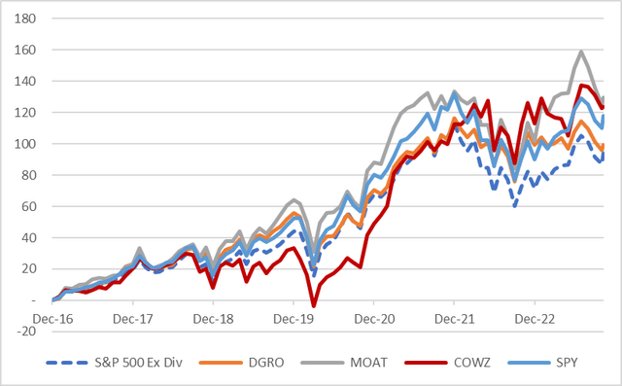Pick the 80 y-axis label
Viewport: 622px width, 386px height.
click(28, 175)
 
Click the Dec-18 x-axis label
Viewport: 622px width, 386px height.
click(213, 317)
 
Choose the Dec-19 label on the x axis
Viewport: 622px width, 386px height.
click(294, 317)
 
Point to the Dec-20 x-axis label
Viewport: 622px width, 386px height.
click(373, 317)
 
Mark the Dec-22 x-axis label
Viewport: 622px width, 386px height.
click(534, 317)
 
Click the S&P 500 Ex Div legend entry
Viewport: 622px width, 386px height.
click(121, 365)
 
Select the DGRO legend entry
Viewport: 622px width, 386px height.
click(257, 365)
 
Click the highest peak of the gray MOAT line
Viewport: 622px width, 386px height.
click(581, 52)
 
